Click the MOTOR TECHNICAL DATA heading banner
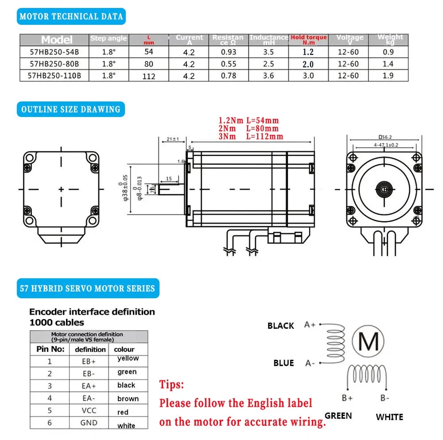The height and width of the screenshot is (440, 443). (71, 17)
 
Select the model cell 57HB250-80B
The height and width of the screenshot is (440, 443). (54, 64)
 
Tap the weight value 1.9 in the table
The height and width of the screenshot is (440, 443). (388, 76)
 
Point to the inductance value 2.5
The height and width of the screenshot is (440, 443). (269, 64)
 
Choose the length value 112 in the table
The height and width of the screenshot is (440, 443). (149, 76)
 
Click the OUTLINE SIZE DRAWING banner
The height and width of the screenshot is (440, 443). (71, 109)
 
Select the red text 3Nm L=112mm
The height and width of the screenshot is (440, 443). (251, 136)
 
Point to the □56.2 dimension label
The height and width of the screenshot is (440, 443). (384, 137)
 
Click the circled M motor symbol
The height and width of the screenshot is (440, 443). (368, 342)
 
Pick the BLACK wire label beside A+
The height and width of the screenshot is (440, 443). (281, 326)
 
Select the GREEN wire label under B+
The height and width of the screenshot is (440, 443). (338, 416)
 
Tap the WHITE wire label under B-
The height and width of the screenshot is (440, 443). (389, 417)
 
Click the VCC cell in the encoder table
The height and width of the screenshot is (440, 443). (89, 410)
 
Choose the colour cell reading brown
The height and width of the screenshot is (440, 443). (128, 398)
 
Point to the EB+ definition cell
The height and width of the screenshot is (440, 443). (89, 362)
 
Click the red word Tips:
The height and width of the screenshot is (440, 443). (172, 385)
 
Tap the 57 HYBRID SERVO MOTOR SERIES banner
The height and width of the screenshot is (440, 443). (87, 289)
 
